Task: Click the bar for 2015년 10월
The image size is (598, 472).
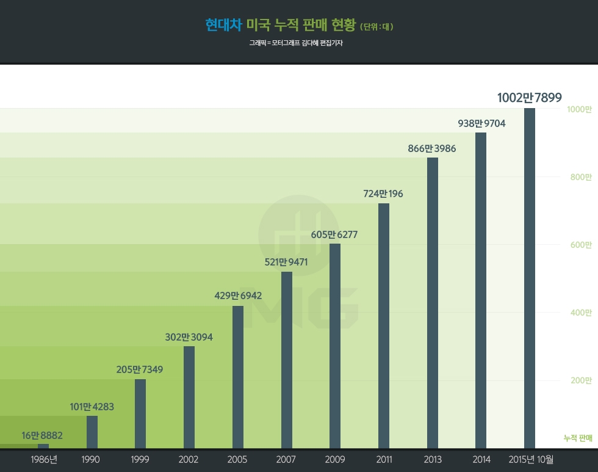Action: click(x=530, y=278)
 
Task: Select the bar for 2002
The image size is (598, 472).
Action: click(x=189, y=397)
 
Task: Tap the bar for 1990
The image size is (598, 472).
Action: click(x=92, y=432)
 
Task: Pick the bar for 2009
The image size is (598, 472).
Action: click(x=335, y=346)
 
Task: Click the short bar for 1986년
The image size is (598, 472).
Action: click(x=43, y=446)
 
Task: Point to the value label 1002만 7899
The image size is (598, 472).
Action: click(x=530, y=98)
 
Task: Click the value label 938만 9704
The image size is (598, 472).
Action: click(x=481, y=123)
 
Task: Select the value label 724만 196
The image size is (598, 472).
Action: click(x=383, y=194)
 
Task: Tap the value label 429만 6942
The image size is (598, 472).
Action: click(x=238, y=296)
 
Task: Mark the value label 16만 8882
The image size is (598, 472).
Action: click(x=42, y=435)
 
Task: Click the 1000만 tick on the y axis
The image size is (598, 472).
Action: click(x=579, y=110)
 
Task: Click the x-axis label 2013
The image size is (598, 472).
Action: click(x=432, y=460)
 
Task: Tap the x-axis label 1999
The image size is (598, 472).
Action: click(x=140, y=460)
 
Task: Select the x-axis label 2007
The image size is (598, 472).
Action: click(x=286, y=460)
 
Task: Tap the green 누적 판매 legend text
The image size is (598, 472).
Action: click(x=578, y=438)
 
